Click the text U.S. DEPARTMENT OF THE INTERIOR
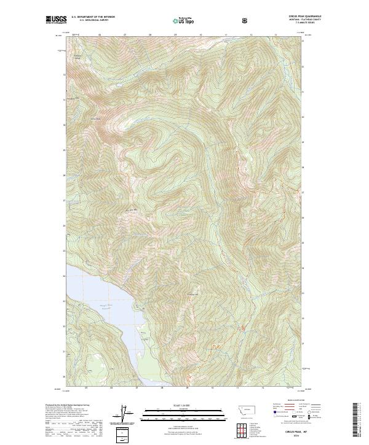[93, 18]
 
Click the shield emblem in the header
[246, 21]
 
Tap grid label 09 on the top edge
[175, 35]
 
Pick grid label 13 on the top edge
[276, 35]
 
